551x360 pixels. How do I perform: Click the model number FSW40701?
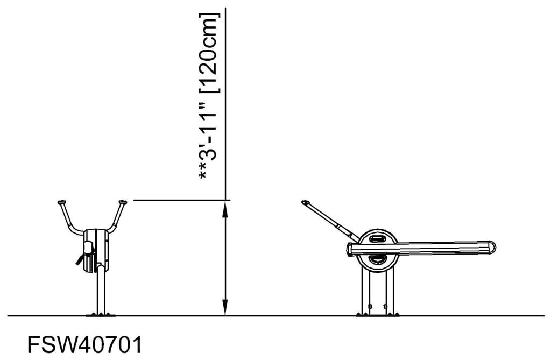click(85, 344)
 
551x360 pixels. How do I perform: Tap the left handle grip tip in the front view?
click(61, 202)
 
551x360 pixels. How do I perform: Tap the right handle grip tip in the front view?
click(123, 202)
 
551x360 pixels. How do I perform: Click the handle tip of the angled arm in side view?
click(306, 203)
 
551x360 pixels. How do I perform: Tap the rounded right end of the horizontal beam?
click(491, 248)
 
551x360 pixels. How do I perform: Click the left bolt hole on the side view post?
click(370, 306)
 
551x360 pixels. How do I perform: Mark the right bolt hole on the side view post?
click(386, 306)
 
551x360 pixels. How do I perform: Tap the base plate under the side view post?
click(378, 314)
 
